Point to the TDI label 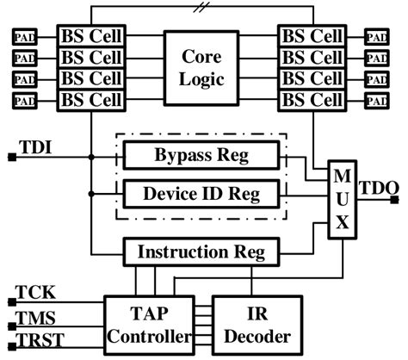pos(34,147)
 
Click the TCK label pos(35,293)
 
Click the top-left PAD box pos(23,38)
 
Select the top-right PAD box pos(376,38)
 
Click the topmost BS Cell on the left pos(91,37)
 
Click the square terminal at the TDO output pos(395,200)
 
